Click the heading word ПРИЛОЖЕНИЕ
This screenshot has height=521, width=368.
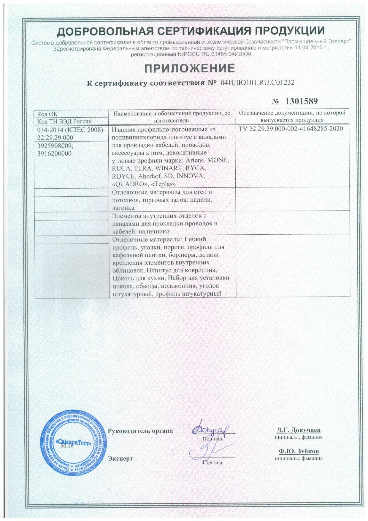click(190, 69)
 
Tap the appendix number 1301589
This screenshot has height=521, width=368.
click(302, 101)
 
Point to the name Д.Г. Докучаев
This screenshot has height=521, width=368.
click(299, 430)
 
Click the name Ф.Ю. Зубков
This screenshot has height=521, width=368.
click(299, 451)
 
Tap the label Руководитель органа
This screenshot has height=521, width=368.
click(140, 431)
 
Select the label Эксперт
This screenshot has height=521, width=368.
click(120, 458)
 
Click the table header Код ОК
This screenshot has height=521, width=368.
click(47, 114)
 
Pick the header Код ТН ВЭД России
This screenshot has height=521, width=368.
click(64, 121)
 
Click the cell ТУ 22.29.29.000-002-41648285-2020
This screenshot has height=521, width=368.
click(291, 129)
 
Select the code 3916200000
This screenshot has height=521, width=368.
click(54, 154)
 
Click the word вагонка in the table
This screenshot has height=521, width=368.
click(123, 208)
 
